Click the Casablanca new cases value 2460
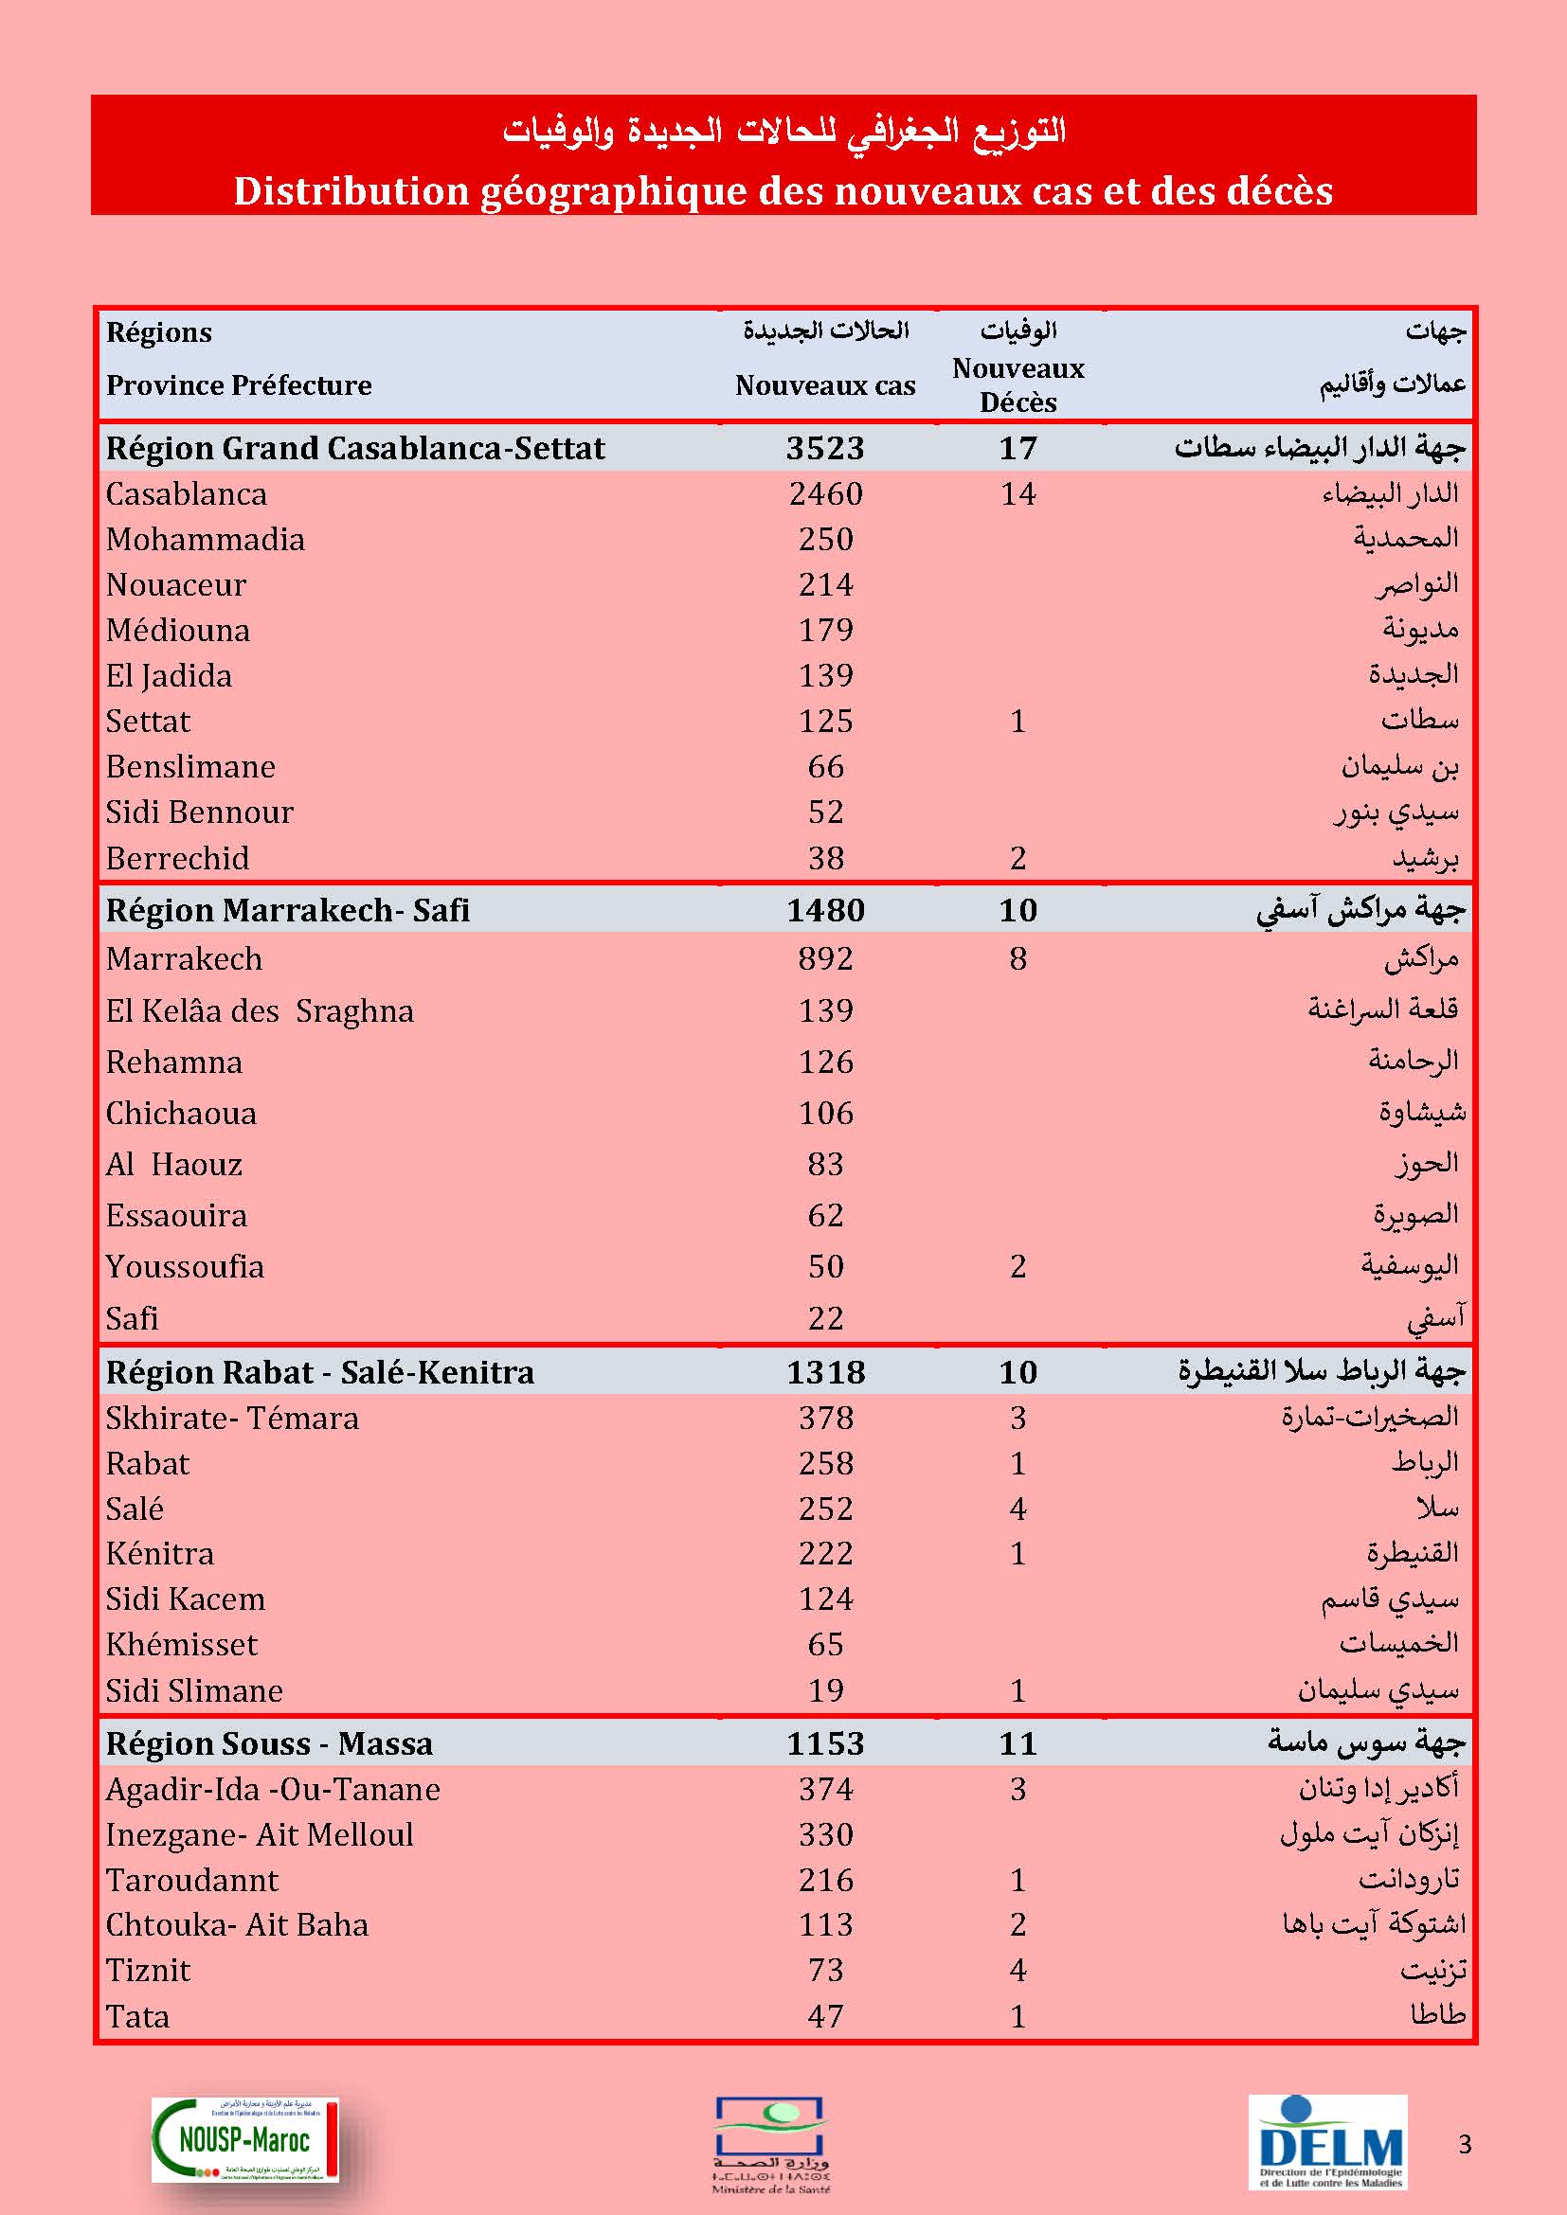(825, 494)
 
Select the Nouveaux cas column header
(825, 384)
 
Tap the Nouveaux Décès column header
(1018, 384)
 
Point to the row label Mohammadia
(205, 539)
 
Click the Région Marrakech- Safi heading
(288, 910)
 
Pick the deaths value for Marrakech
(1018, 959)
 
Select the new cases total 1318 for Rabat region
(825, 1372)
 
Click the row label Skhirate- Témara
(231, 1419)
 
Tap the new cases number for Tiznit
(825, 1970)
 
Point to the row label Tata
(137, 2016)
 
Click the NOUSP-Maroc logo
(245, 2139)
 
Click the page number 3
(1465, 2144)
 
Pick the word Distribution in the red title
(350, 191)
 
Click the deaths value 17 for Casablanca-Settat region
(1018, 448)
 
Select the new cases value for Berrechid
(825, 858)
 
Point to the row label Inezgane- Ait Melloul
(259, 1834)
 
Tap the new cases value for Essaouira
(825, 1216)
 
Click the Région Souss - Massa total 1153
(825, 1743)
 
